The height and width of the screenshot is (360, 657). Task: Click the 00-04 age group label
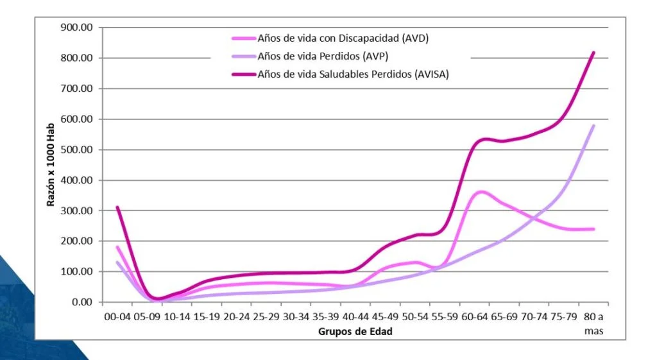(117, 318)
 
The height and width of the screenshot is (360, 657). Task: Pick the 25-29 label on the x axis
(266, 318)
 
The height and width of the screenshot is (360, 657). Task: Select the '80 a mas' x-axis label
(593, 323)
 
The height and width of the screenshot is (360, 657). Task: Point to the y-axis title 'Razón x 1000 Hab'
(51, 164)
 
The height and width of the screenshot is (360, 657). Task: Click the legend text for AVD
(343, 39)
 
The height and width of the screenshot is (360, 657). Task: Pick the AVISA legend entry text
(353, 74)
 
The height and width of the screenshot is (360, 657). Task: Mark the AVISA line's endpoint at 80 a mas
(594, 53)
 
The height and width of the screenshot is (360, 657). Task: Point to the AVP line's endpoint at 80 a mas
(594, 126)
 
